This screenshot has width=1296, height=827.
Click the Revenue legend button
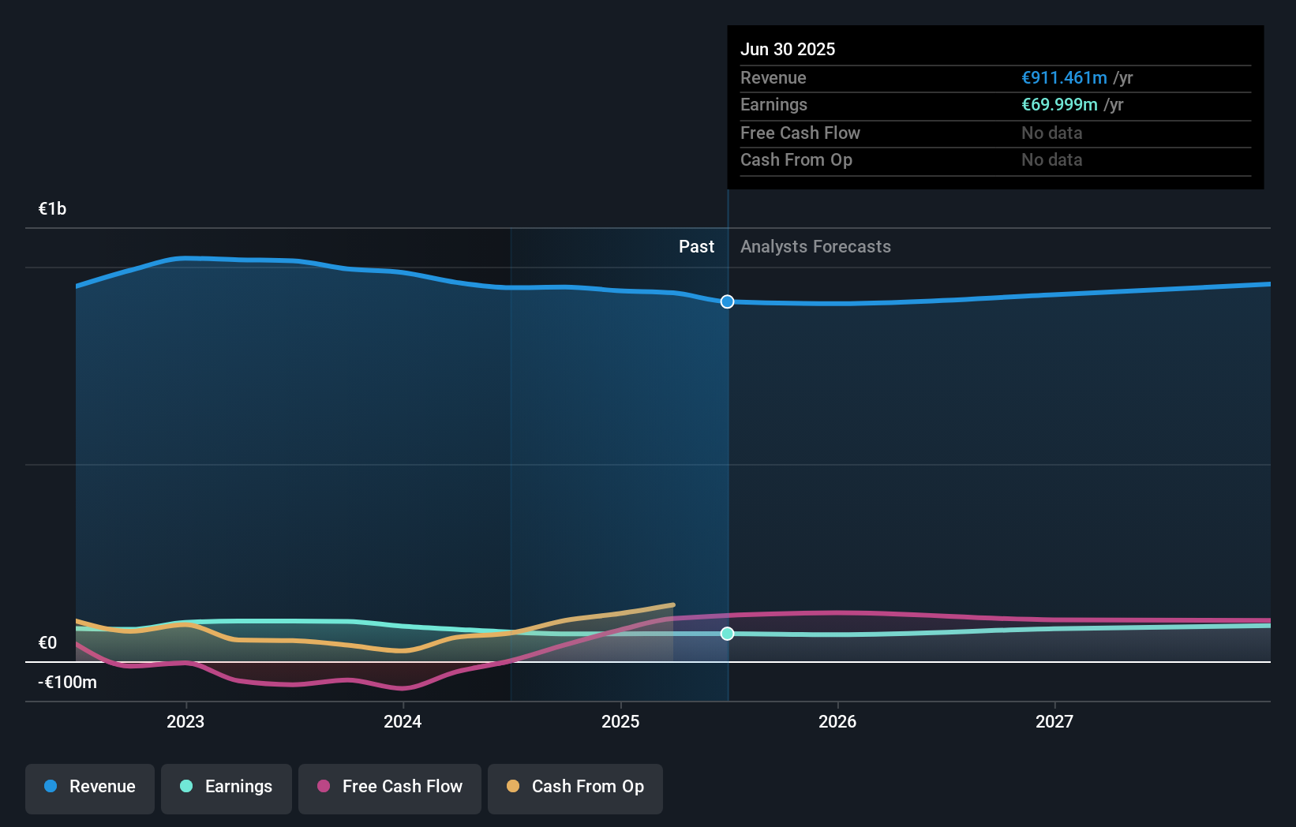tap(90, 788)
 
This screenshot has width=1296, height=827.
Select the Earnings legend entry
tap(227, 788)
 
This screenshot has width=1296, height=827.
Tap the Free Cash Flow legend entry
tap(390, 788)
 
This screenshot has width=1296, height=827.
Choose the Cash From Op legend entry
tap(575, 788)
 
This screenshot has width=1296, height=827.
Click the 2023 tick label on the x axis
tap(185, 721)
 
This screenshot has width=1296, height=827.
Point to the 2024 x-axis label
tap(403, 721)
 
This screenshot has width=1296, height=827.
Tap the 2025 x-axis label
tap(620, 721)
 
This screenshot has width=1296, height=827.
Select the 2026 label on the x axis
tap(837, 721)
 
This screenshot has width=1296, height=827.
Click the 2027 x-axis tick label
tap(1054, 721)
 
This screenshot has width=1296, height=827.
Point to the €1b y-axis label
tap(53, 209)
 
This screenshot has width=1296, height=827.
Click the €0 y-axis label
tap(48, 643)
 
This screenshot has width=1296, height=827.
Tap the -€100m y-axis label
tap(67, 683)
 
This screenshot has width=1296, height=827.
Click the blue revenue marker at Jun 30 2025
tap(728, 301)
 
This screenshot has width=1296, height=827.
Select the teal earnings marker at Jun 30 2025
tap(728, 634)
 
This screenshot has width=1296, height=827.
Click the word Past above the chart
tap(696, 247)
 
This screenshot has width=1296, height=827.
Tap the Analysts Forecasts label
tap(815, 247)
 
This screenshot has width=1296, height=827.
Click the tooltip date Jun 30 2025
tap(788, 49)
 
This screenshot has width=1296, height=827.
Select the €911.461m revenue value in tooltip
tap(1064, 78)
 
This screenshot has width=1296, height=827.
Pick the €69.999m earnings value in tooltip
tap(1059, 105)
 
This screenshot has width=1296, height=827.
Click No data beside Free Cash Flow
tap(1051, 133)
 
